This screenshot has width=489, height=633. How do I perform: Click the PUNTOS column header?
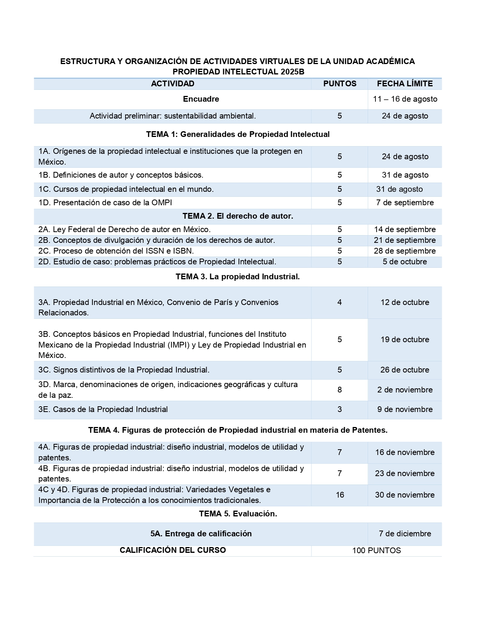pos(339,84)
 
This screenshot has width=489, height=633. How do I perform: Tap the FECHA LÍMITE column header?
pos(405,84)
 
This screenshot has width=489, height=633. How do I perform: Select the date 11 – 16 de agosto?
pos(405,99)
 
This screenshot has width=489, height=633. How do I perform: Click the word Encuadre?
pos(201,99)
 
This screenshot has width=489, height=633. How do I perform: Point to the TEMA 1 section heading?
pos(238,134)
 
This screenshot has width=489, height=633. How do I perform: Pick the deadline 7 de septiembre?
pos(405,203)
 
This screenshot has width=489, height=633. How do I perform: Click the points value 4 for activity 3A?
pos(339,302)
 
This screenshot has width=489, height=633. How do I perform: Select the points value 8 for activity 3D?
pos(339,390)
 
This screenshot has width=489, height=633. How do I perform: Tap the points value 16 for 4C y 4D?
pos(340,495)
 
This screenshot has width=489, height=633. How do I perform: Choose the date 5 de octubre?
pos(405,262)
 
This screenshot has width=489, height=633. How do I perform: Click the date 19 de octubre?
pos(405,340)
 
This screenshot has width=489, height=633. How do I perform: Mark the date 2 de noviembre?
pos(405,390)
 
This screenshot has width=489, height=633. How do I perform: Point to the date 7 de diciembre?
pos(405,534)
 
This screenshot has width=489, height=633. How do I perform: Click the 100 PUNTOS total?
pos(377,551)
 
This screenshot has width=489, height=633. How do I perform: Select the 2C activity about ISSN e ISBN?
pos(116,251)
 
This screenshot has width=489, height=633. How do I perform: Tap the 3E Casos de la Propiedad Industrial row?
pos(103,409)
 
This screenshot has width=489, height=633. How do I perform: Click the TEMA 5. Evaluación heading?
pos(238,514)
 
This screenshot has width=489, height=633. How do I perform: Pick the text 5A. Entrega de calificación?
pos(201,534)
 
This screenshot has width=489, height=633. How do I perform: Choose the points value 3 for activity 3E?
pos(339,409)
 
